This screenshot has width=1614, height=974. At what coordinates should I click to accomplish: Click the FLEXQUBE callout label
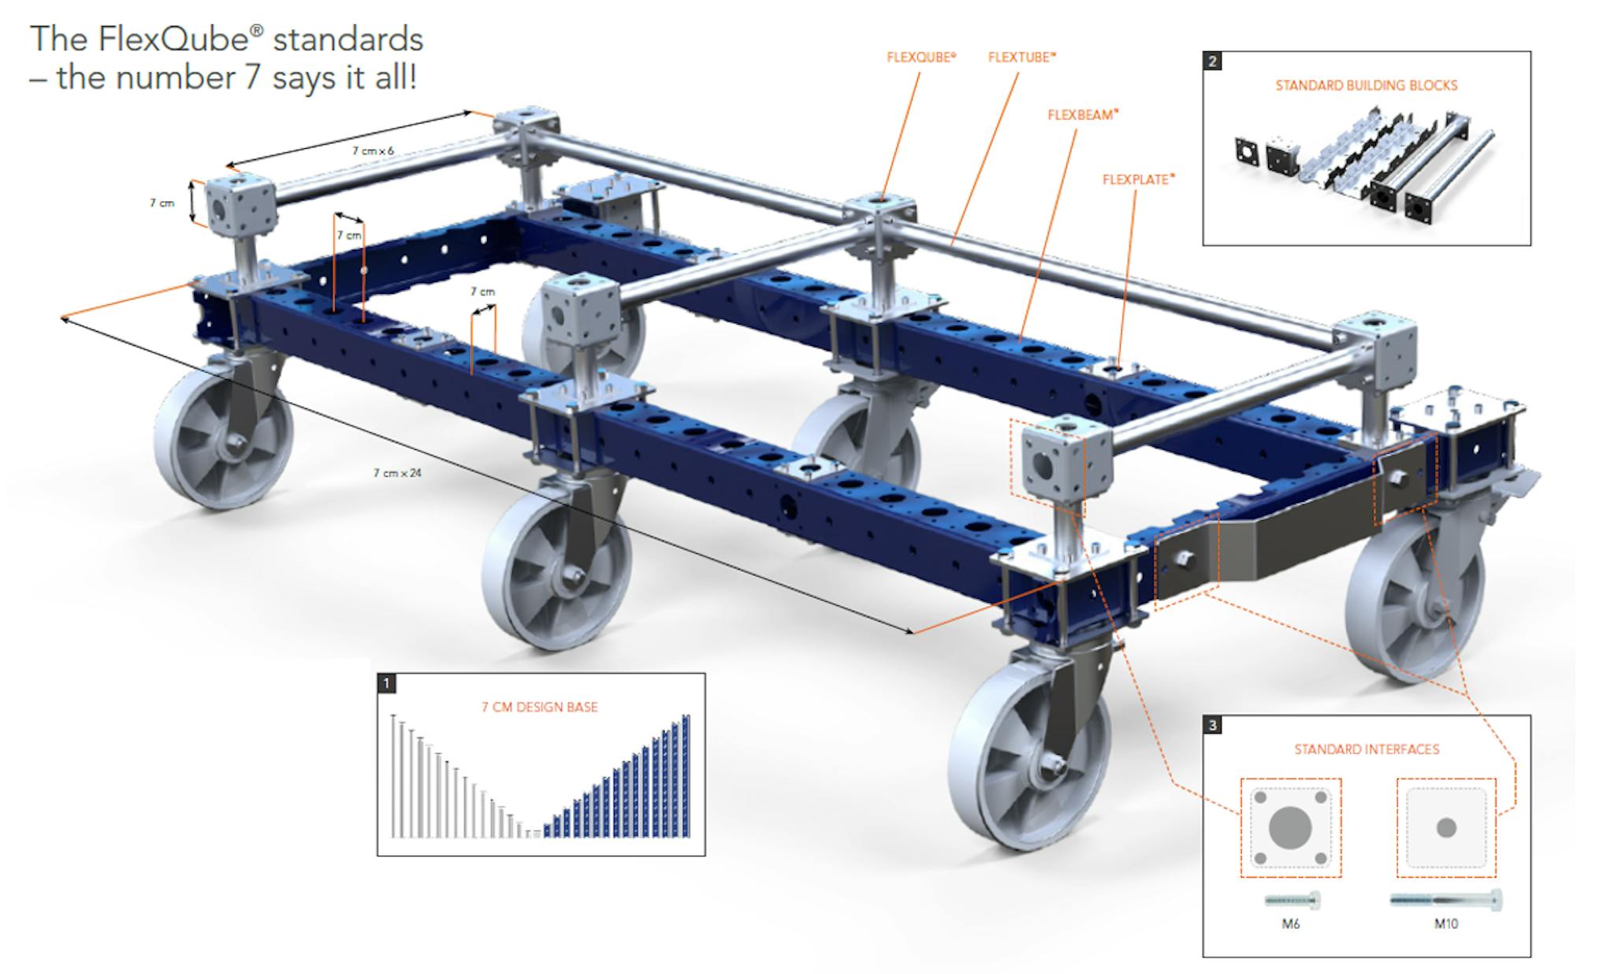(x=920, y=58)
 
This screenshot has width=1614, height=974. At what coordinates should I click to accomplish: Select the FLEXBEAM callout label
(x=1082, y=115)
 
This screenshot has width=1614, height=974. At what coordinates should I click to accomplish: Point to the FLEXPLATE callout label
(x=1137, y=180)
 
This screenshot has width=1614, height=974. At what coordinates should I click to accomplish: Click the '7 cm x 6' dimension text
(x=373, y=150)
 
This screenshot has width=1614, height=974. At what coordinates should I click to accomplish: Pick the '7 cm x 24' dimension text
(x=397, y=473)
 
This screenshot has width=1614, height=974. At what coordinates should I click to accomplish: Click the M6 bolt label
(x=1290, y=924)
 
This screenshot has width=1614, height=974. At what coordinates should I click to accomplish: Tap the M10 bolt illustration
(x=1446, y=899)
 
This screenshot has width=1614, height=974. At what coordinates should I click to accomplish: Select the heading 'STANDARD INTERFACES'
(x=1367, y=749)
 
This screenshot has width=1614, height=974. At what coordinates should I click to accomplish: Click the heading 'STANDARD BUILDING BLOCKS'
(x=1367, y=85)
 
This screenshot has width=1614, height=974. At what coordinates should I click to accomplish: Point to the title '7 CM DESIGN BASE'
(x=540, y=708)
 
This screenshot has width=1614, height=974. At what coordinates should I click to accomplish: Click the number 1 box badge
(x=387, y=683)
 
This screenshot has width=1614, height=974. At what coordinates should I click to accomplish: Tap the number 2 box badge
(x=1213, y=61)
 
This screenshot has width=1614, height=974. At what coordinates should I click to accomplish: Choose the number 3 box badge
(x=1213, y=725)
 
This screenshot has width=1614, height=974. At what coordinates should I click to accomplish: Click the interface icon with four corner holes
(x=1290, y=828)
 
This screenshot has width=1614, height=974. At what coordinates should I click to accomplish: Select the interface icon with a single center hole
(x=1446, y=828)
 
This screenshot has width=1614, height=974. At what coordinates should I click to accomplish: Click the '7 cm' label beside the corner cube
(x=162, y=203)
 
